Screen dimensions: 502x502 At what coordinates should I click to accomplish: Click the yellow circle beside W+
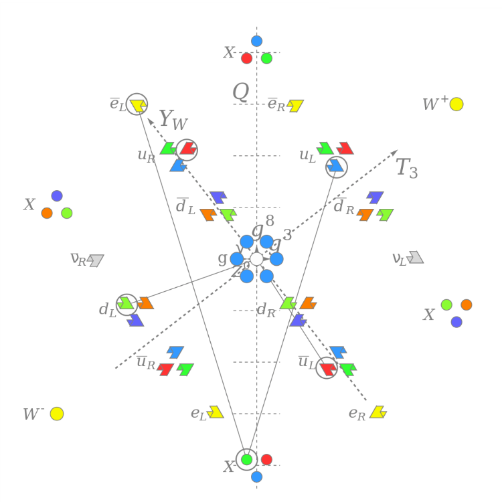[456, 104]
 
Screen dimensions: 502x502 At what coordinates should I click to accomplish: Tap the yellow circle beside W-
[57, 414]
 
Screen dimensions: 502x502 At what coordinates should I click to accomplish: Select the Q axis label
[240, 92]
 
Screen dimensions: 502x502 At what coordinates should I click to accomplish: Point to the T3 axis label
[406, 167]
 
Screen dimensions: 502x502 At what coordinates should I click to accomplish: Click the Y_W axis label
[173, 120]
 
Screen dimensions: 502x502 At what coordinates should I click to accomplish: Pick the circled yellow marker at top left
[137, 104]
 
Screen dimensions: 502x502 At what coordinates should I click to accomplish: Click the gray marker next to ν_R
[96, 260]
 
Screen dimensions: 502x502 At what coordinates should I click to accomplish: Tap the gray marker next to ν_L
[416, 257]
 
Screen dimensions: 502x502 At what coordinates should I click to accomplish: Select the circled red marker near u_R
[187, 149]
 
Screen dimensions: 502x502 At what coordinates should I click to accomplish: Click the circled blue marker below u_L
[337, 166]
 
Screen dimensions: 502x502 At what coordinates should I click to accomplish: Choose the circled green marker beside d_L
[126, 304]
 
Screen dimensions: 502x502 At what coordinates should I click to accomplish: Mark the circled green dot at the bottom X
[246, 459]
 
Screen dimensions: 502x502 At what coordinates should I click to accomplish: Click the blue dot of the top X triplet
[256, 41]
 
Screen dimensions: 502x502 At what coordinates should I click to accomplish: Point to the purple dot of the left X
[57, 196]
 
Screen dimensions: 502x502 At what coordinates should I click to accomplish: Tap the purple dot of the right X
[456, 322]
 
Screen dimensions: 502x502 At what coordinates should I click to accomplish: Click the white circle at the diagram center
[256, 259]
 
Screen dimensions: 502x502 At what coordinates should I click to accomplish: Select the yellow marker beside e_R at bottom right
[378, 412]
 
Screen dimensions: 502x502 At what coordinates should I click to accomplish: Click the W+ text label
[434, 104]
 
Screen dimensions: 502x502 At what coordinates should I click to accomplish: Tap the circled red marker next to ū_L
[327, 367]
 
